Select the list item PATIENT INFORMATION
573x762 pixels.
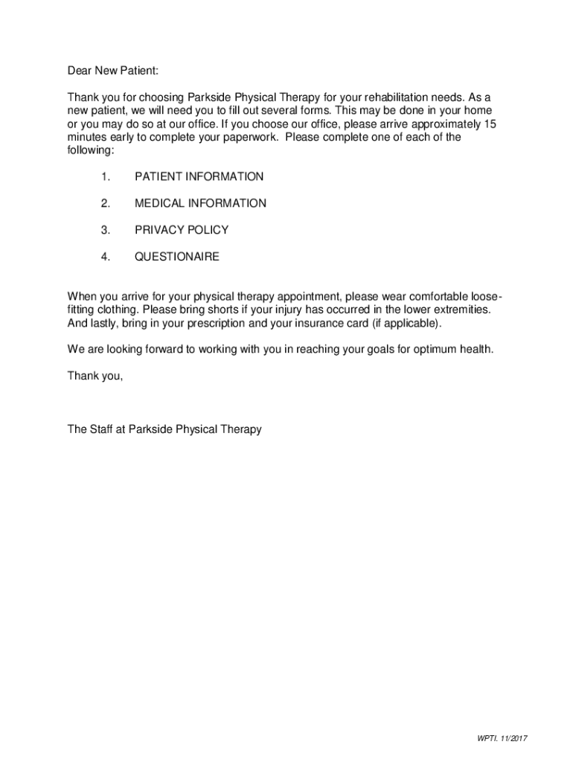point(199,177)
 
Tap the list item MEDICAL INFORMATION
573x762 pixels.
point(200,204)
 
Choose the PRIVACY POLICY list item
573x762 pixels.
point(182,231)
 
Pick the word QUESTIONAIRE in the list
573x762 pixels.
point(177,257)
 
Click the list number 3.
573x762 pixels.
point(106,231)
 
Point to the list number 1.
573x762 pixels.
point(106,177)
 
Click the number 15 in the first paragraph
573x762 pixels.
point(490,124)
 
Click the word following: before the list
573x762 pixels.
point(91,151)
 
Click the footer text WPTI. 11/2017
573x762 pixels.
point(502,739)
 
